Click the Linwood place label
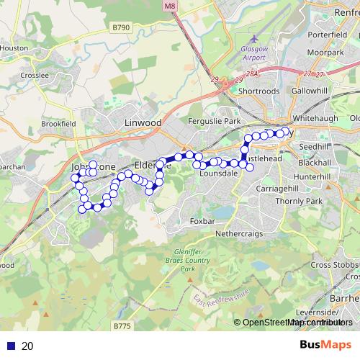(143, 123)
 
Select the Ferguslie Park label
(213, 122)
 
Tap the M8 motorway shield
(169, 6)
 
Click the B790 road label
(121, 27)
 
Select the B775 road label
(123, 326)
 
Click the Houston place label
(14, 48)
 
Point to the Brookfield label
(58, 124)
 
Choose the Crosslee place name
(35, 74)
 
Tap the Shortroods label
(258, 91)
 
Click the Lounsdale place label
(218, 174)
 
